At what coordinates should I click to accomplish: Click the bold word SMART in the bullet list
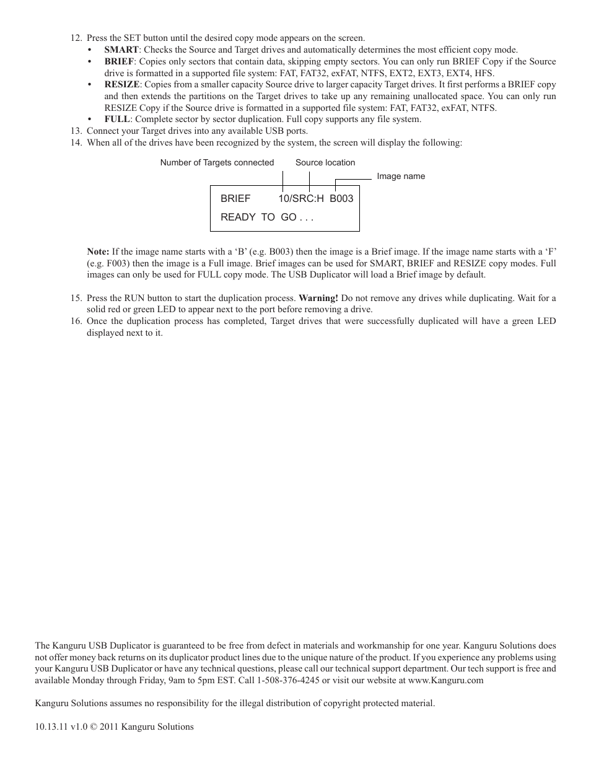[x=121, y=50]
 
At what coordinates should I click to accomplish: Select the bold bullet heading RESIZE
[x=122, y=84]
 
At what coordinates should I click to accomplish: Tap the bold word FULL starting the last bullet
[x=117, y=119]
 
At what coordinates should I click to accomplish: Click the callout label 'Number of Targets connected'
[x=217, y=162]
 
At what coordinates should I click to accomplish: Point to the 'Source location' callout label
[x=325, y=162]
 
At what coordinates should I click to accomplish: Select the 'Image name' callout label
[x=401, y=176]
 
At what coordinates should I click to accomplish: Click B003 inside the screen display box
[x=341, y=198]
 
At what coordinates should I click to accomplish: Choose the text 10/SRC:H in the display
[x=301, y=198]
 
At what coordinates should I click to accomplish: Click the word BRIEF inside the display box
[x=235, y=198]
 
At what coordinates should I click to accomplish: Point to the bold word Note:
[x=98, y=251]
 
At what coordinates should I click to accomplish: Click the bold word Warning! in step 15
[x=318, y=298]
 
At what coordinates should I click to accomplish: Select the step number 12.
[x=76, y=38]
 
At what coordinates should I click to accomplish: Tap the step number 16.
[x=76, y=321]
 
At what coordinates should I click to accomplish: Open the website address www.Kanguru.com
[x=446, y=680]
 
